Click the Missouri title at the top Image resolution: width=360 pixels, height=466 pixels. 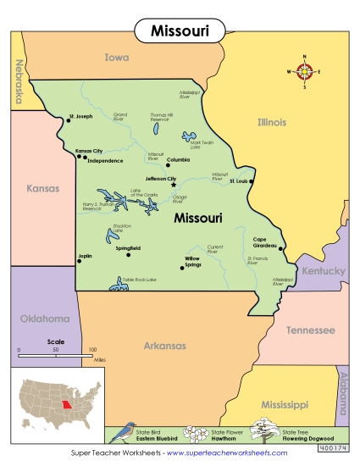point(180,31)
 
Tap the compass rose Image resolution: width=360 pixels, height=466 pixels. point(307,71)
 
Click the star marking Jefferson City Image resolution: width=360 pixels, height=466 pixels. point(174,185)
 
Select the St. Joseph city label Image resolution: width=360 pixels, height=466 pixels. point(80,116)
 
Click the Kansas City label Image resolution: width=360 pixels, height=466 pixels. point(89,151)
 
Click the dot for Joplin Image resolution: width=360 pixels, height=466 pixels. point(79,260)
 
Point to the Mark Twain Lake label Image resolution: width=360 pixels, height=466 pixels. point(201,144)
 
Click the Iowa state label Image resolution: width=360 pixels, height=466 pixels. point(117,58)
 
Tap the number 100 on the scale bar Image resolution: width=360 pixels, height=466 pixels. point(91,349)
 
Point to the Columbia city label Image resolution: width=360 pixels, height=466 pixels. point(179,159)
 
